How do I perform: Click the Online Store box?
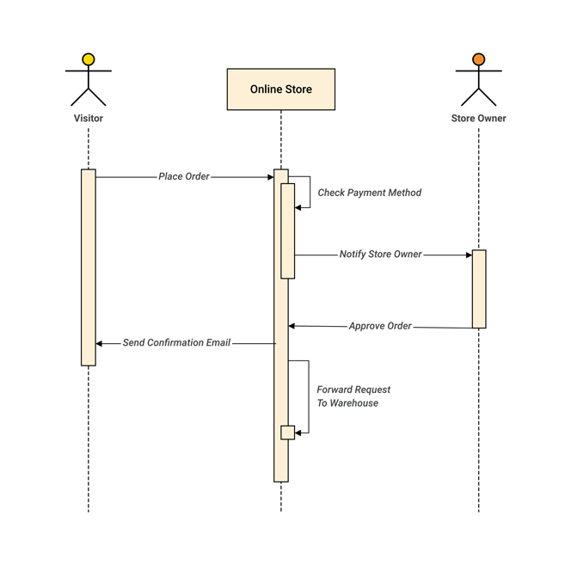(280, 89)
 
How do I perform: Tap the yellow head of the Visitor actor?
(88, 60)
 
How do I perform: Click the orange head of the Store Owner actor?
(478, 60)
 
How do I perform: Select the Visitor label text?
(88, 118)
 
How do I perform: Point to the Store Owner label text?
(478, 118)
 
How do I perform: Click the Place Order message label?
(183, 176)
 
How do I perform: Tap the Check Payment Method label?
(369, 193)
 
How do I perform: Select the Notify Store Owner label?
(380, 255)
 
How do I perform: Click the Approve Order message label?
(379, 326)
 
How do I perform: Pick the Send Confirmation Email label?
(176, 342)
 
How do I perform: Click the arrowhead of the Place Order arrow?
(270, 177)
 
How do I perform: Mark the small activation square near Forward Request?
(287, 433)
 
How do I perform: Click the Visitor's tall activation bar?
(88, 267)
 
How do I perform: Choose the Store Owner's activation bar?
(479, 289)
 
